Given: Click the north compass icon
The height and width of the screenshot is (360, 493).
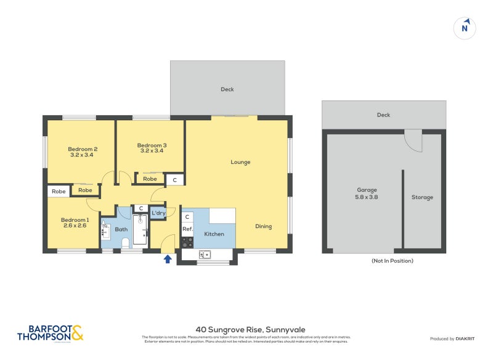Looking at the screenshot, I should [465, 28].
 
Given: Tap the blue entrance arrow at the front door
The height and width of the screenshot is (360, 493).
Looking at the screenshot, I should [167, 260].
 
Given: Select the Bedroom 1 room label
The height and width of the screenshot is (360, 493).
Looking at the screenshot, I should [75, 223].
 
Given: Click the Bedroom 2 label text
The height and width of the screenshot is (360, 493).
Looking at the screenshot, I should [83, 152].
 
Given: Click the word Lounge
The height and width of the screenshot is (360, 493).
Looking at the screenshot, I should [240, 162].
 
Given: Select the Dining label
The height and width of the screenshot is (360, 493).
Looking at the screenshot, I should [263, 226].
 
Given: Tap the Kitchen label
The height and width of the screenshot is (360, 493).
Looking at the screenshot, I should [214, 234].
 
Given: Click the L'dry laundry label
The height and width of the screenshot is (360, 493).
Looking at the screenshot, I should [158, 213].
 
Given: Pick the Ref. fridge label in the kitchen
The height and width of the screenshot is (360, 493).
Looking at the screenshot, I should [187, 229].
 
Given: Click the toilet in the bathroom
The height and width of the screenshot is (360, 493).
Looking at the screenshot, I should [126, 243].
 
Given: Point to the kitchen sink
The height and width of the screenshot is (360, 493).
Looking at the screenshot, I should [205, 254].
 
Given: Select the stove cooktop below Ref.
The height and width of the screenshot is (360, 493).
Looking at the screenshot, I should [187, 242].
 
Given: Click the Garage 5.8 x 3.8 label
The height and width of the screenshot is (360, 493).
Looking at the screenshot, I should [367, 194].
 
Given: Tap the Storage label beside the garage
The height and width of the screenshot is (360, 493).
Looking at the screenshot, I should [422, 197].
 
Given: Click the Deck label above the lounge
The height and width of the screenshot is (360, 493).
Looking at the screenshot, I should [227, 89].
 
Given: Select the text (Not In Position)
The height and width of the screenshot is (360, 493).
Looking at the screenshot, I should [392, 261].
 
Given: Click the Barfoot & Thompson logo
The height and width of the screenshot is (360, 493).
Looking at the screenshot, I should [50, 333].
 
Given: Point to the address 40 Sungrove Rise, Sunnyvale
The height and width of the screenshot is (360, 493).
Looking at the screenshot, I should [246, 330].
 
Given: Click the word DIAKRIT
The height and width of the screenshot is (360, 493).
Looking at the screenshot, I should [463, 338].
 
